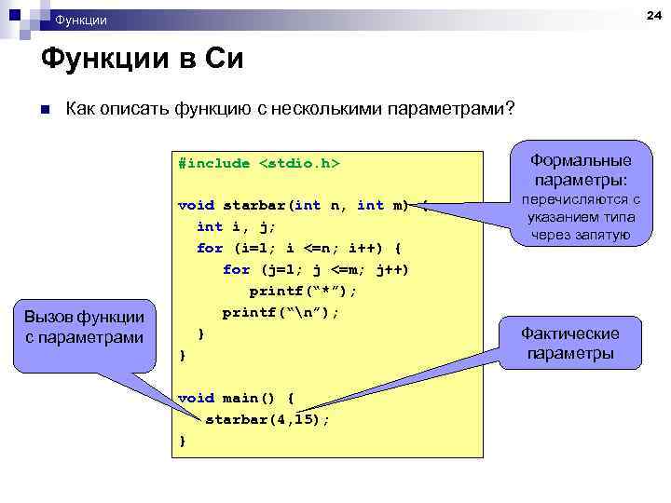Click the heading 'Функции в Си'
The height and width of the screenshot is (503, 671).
tap(142, 60)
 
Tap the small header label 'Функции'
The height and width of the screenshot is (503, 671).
tap(81, 20)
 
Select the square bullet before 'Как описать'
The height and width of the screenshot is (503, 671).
tap(43, 110)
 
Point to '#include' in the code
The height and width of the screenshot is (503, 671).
tap(214, 164)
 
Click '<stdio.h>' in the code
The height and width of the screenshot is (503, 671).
tap(298, 164)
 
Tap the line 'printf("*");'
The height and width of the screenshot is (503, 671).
tap(303, 291)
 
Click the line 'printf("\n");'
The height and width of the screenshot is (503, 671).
tap(281, 312)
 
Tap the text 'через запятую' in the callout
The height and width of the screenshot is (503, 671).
tap(581, 235)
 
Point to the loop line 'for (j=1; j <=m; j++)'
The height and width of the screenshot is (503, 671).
tap(316, 269)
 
